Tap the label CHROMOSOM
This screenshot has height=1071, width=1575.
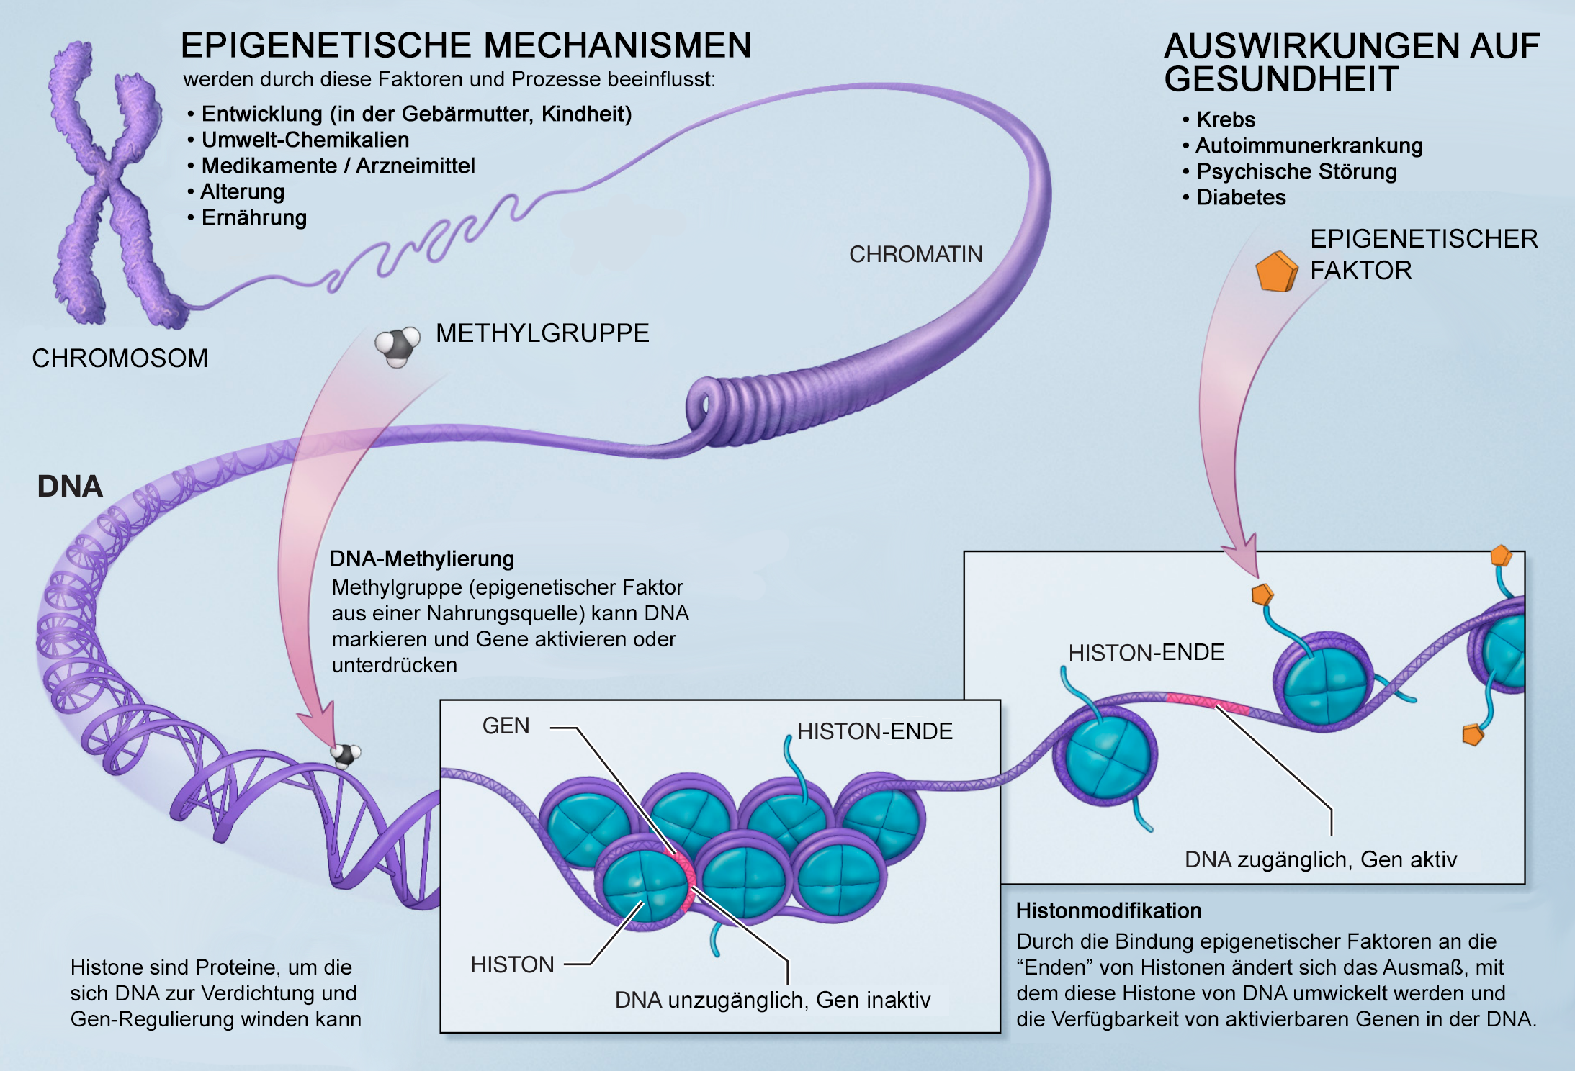point(120,358)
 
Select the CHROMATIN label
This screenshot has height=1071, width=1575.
point(915,254)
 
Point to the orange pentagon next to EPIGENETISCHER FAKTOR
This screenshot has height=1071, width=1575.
point(1276,271)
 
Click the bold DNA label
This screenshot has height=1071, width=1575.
point(70,487)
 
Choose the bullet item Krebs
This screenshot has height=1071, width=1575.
point(1226,119)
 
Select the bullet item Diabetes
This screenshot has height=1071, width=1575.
point(1241,197)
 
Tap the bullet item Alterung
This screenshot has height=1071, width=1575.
point(242,192)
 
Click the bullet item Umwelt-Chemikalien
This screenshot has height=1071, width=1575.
point(305,140)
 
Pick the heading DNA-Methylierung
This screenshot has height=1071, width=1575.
point(422,559)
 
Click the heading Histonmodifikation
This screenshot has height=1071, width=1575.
point(1108,910)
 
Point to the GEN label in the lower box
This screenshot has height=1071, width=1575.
point(506,726)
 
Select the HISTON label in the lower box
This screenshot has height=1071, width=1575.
point(512,964)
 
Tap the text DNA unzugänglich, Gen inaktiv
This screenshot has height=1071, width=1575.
point(772,1000)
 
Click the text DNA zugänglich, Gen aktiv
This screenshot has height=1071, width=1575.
point(1320,859)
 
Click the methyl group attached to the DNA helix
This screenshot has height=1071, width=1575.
point(345,754)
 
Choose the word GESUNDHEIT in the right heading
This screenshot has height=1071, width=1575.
point(1281,79)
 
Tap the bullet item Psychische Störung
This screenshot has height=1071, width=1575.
point(1296,171)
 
